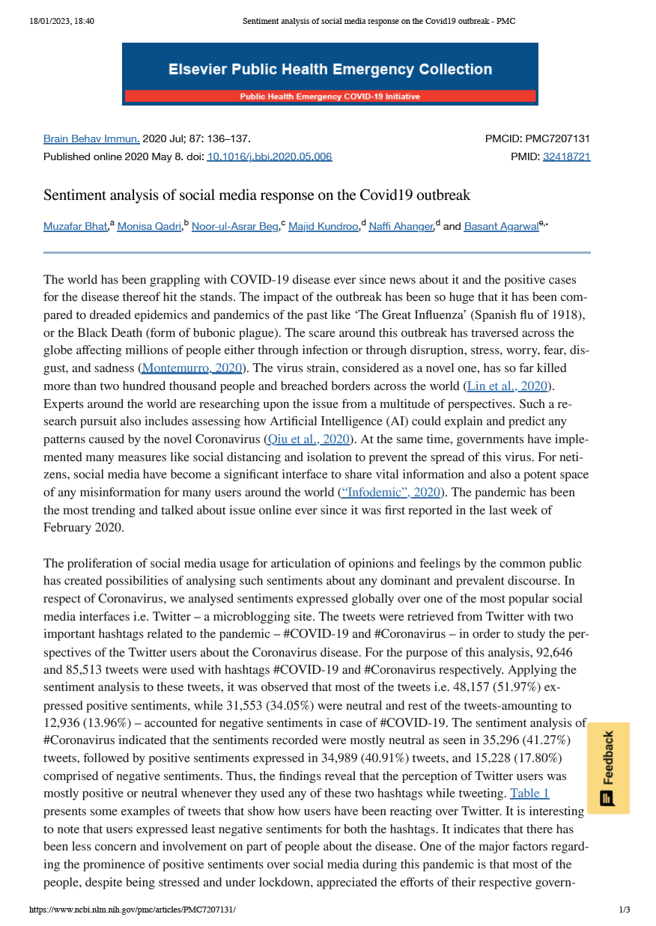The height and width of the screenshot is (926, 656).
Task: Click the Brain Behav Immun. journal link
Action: [91, 138]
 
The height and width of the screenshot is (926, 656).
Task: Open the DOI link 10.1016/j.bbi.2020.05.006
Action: [269, 156]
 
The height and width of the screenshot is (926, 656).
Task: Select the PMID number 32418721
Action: [566, 156]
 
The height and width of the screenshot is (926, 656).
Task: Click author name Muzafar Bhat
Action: [76, 226]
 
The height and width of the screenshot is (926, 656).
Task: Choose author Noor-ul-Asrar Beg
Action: [234, 226]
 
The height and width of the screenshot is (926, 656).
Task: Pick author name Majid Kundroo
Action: [324, 226]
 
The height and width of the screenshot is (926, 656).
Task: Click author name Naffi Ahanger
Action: [401, 226]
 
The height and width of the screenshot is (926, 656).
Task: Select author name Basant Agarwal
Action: [501, 226]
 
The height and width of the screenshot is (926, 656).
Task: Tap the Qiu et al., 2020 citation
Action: [309, 439]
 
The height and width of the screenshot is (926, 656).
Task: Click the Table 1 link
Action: [529, 793]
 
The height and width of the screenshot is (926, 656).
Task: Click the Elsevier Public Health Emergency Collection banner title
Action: [330, 70]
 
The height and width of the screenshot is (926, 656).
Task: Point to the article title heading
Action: [257, 195]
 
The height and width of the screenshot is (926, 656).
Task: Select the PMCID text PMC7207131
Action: [557, 138]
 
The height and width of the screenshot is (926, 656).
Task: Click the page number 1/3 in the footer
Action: [625, 910]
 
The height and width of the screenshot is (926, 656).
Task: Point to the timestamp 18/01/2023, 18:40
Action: [62, 21]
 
